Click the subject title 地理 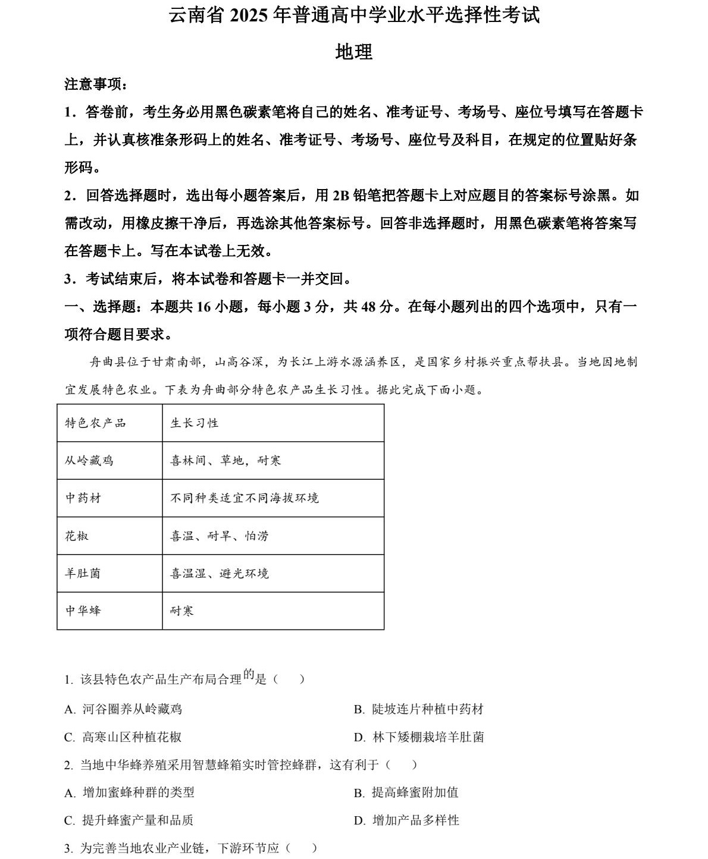[354, 52]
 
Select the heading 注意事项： [96, 84]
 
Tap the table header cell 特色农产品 [95, 423]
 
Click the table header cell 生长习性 [195, 423]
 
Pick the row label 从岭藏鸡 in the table [89, 461]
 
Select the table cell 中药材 [83, 498]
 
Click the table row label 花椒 [77, 536]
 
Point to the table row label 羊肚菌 [83, 574]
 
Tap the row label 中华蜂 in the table [83, 611]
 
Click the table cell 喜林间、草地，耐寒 [225, 461]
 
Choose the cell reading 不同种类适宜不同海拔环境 [245, 498]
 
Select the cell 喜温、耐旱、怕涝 [220, 536]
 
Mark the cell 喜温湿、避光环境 [220, 574]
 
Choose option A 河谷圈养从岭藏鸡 [123, 709]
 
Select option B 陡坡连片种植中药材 [419, 709]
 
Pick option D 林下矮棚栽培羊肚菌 [419, 737]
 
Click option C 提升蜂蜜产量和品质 [129, 820]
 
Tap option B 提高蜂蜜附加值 [406, 792]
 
